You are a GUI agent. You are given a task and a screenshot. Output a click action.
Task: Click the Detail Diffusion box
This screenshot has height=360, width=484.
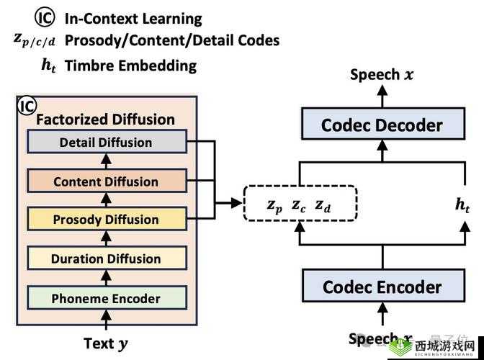click(106, 143)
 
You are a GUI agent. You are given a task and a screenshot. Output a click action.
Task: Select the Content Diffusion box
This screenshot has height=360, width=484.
click(106, 181)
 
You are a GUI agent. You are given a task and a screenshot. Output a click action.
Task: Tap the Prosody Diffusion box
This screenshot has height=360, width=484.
click(106, 220)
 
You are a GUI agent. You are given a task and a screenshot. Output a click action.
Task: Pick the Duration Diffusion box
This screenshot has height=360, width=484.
click(106, 258)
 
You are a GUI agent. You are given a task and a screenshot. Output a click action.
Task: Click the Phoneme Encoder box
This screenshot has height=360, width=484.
click(106, 297)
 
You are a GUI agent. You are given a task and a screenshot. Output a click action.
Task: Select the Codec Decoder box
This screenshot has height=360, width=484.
click(382, 125)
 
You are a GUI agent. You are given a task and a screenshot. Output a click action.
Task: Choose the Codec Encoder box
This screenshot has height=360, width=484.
click(382, 287)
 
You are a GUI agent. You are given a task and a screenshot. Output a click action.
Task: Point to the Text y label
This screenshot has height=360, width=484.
click(106, 343)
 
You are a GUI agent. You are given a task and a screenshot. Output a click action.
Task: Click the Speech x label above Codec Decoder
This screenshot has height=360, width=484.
click(382, 75)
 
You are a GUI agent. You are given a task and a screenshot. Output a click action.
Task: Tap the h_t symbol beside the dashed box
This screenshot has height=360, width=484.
click(462, 204)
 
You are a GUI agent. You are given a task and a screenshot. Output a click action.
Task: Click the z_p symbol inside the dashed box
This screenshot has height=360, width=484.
click(274, 205)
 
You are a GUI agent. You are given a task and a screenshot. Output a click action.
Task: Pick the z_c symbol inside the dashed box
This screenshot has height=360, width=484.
click(299, 205)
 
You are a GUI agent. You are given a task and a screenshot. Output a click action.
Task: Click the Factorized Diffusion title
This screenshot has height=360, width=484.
click(105, 120)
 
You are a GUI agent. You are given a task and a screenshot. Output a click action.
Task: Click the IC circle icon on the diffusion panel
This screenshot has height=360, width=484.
click(27, 107)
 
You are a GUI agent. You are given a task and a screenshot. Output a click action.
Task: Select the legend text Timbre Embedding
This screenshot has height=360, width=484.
click(130, 66)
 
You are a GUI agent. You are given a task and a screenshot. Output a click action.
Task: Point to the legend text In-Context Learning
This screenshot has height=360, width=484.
click(133, 19)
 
